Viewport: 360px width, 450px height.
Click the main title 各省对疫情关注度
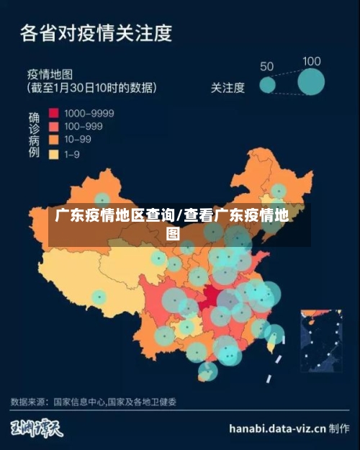[96, 33]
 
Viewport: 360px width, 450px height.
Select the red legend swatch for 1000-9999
[53, 113]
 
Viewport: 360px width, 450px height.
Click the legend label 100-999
[83, 126]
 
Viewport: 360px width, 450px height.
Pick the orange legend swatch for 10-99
[53, 140]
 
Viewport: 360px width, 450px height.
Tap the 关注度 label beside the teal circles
[228, 88]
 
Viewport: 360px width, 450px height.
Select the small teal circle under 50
[268, 86]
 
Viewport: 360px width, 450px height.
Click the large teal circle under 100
[312, 83]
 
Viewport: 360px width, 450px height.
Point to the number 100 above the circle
[312, 62]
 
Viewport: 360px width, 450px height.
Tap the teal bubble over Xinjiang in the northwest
[103, 199]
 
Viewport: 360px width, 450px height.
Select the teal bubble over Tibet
[99, 296]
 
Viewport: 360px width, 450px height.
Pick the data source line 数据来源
[94, 401]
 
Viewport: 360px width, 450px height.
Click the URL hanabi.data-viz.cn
[277, 428]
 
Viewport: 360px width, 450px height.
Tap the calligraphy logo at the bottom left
[36, 428]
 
